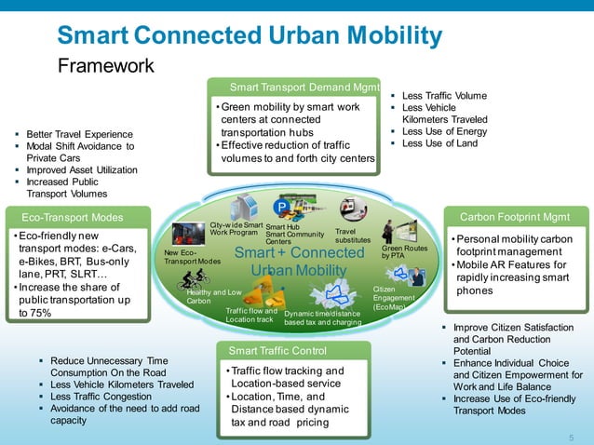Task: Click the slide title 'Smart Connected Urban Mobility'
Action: tap(249, 35)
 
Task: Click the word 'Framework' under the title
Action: tap(105, 66)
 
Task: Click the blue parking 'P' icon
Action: tap(280, 207)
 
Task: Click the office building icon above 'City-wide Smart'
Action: tap(245, 207)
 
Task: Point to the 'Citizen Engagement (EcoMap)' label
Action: tap(390, 298)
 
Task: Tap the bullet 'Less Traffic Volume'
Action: tap(443, 96)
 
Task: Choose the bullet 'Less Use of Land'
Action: tap(439, 143)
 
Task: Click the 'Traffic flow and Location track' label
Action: tap(251, 315)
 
